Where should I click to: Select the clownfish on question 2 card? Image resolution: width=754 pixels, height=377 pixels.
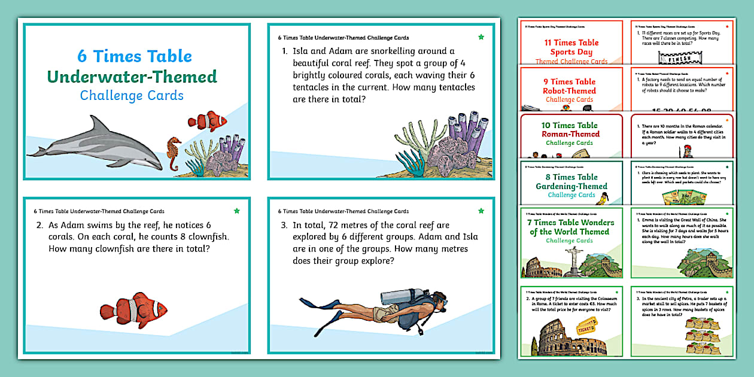click(x=133, y=310)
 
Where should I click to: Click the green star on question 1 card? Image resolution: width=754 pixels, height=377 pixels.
click(x=481, y=37)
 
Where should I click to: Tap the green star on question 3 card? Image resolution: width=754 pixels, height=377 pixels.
click(x=481, y=211)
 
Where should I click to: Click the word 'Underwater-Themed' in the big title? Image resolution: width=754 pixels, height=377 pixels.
click(x=132, y=77)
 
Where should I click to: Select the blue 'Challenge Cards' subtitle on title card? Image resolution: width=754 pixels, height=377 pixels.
click(x=132, y=96)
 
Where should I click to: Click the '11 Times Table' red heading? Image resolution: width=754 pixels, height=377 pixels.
click(x=571, y=42)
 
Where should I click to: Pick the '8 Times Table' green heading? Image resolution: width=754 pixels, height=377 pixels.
click(x=571, y=177)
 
